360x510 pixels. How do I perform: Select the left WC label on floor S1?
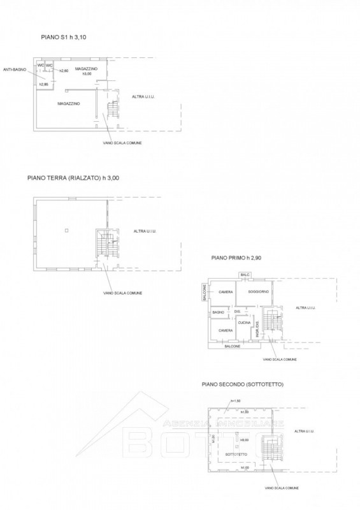tap(40, 65)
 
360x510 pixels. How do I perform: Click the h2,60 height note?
tap(64, 70)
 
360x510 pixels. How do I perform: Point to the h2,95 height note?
tap(43, 84)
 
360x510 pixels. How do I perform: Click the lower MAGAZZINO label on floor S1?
tap(68, 103)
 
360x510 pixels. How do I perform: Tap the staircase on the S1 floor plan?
tap(113, 110)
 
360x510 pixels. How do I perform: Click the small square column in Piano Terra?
tap(66, 230)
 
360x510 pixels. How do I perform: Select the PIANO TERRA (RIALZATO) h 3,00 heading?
tap(73, 179)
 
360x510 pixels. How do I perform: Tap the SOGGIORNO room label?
tap(252, 291)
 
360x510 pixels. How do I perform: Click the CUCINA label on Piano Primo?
tap(244, 323)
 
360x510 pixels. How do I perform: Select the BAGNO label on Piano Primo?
tap(219, 312)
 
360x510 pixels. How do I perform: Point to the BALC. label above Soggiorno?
tap(245, 275)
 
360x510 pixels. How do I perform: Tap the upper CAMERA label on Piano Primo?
tap(225, 292)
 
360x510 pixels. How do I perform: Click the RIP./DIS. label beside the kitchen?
tap(257, 330)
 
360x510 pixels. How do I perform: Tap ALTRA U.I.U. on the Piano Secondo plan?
tap(304, 432)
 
